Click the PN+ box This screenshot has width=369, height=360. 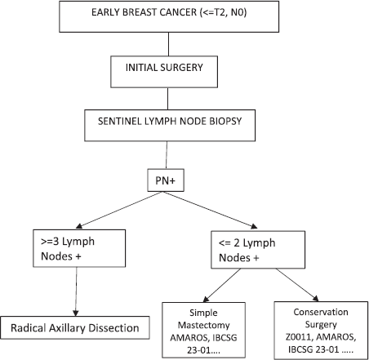click(x=166, y=180)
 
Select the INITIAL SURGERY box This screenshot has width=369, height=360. click(x=164, y=72)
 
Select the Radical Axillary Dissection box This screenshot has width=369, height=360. click(x=75, y=327)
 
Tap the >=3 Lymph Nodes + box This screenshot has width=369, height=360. click(x=79, y=248)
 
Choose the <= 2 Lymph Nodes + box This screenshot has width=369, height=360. click(x=258, y=250)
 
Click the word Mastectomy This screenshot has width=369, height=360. click(x=203, y=325)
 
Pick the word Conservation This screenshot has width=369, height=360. click(x=321, y=312)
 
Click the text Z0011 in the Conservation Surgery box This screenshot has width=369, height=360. click(x=298, y=337)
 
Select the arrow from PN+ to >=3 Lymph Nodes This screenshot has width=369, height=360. click(x=119, y=210)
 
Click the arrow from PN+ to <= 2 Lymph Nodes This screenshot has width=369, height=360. click(x=210, y=210)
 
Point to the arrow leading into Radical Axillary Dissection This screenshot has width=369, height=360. click(x=76, y=291)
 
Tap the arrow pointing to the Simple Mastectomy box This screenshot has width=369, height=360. click(x=222, y=286)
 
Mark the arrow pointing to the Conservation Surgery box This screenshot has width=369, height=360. click(x=297, y=285)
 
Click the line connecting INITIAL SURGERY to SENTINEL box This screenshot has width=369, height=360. click(x=167, y=99)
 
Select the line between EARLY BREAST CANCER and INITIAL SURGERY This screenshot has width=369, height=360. click(x=168, y=44)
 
